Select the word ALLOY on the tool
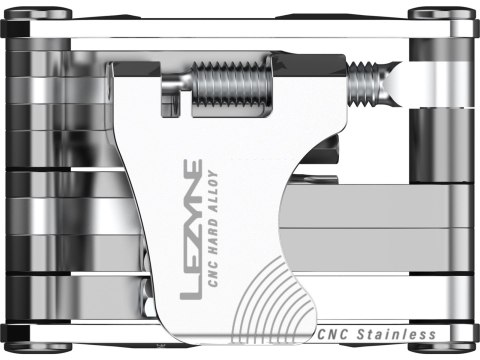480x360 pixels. click(x=213, y=183)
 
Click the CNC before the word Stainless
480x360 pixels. click(x=333, y=334)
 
